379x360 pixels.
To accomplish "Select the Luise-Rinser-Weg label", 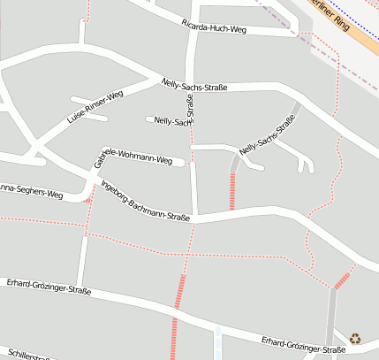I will [x=95, y=106].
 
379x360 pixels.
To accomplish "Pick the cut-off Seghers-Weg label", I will [x=31, y=190].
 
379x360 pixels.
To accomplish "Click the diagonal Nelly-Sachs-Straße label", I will [x=266, y=136].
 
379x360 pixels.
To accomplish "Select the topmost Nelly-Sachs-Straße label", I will [x=194, y=86].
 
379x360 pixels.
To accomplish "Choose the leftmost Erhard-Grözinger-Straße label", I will [x=49, y=286].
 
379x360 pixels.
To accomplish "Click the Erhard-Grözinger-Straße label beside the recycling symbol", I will [x=303, y=346].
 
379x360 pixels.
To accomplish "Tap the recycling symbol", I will [x=355, y=337].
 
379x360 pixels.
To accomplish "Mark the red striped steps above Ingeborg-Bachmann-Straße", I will [x=232, y=190].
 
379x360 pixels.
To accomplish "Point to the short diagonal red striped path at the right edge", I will [x=342, y=280].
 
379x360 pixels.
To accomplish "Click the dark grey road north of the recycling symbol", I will [x=331, y=310].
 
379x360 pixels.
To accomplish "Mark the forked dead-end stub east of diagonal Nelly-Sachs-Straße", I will [x=305, y=163].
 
